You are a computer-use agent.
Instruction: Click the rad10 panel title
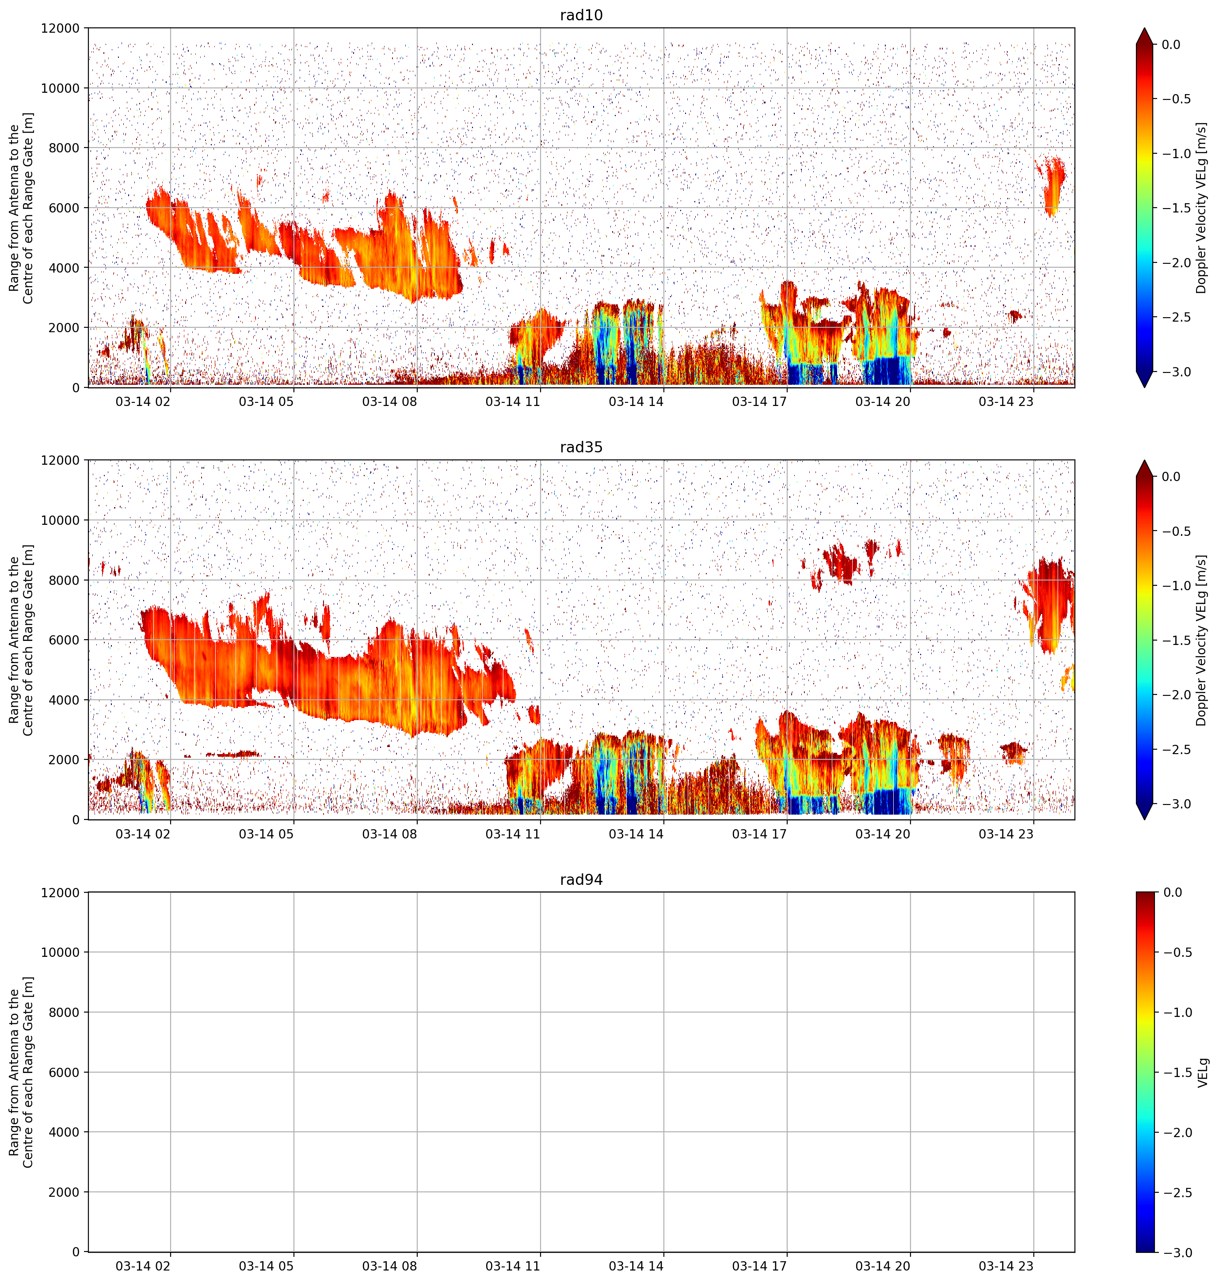click(581, 15)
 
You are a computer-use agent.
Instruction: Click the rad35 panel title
click(581, 447)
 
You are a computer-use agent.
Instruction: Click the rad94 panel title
click(581, 880)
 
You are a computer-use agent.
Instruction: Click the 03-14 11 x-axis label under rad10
click(513, 402)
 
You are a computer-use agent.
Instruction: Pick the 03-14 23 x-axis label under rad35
click(1006, 833)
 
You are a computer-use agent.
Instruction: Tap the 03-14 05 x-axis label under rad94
click(267, 1266)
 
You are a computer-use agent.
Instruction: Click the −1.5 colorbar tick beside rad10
click(1177, 208)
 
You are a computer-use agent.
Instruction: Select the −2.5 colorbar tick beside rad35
click(1177, 749)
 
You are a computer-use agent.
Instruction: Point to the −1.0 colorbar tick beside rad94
click(1177, 1012)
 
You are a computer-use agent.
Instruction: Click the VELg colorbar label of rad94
click(1203, 1072)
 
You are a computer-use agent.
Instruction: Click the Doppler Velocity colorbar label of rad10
click(1201, 208)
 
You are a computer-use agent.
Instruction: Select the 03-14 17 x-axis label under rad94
click(760, 1266)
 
